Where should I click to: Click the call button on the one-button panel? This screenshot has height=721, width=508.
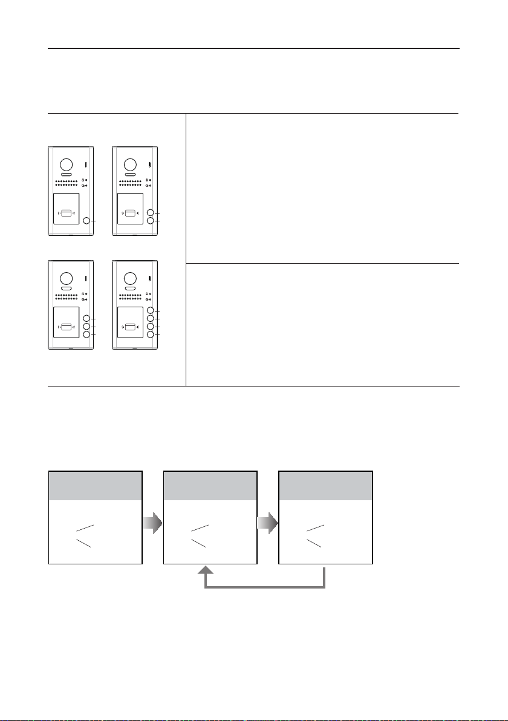(86, 221)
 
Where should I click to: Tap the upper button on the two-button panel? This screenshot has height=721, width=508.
(151, 213)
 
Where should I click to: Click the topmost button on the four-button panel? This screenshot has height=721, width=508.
(151, 311)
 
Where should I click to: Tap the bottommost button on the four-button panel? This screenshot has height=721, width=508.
(151, 334)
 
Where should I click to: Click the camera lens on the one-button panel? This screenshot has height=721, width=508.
(65, 165)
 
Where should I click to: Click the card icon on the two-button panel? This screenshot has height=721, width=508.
(129, 213)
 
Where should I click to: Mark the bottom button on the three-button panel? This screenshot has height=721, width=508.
(86, 334)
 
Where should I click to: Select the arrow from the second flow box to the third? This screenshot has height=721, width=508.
(268, 523)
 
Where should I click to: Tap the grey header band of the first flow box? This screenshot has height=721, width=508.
(96, 486)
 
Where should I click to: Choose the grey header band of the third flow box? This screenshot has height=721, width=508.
(325, 486)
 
